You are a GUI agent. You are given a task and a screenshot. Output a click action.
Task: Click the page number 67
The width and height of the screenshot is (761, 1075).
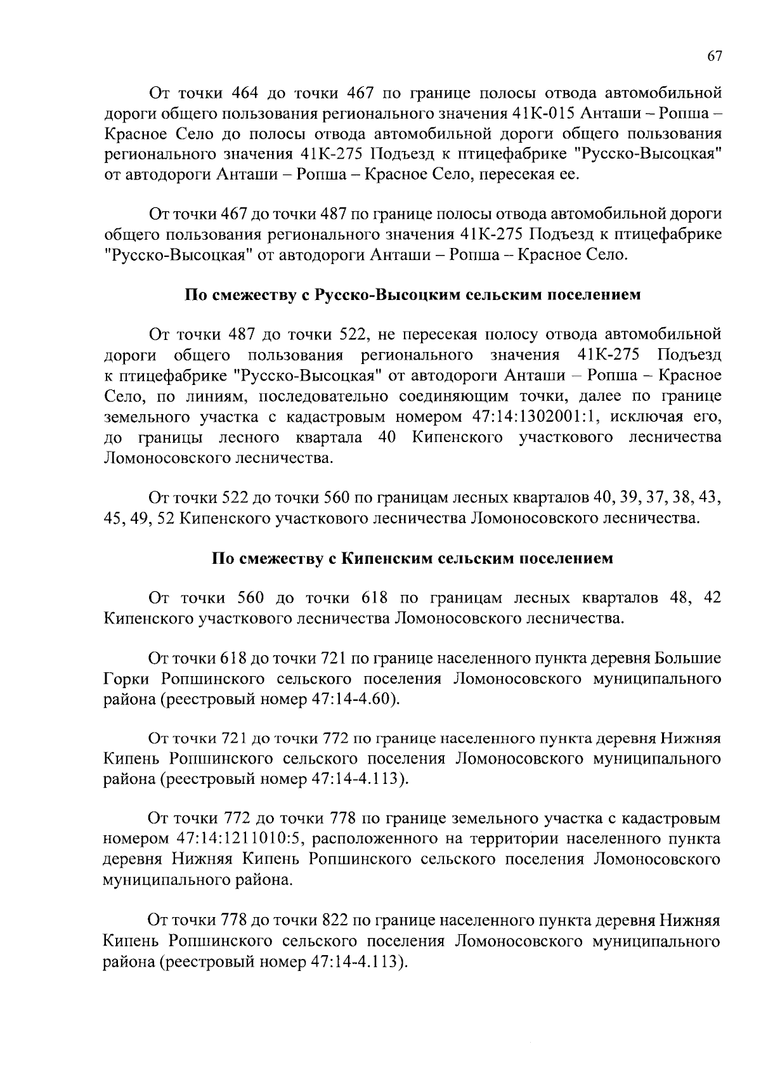[714, 56]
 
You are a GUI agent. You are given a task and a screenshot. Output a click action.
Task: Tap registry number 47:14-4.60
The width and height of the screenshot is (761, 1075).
[352, 699]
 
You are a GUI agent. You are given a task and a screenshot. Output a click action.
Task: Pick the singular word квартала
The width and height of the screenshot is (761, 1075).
[329, 437]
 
